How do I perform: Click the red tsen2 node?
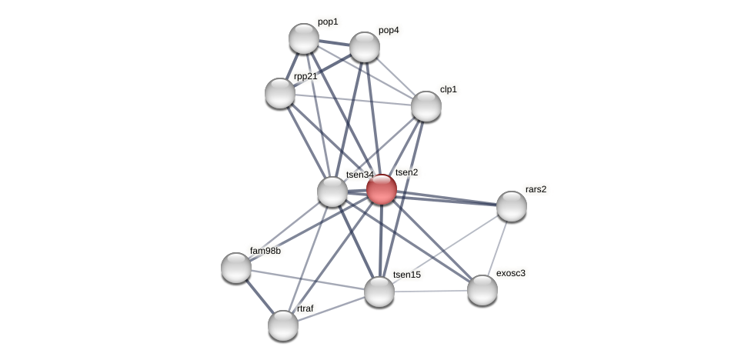pos(381,189)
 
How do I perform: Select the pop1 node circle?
pos(304,38)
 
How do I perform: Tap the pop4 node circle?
pos(365,47)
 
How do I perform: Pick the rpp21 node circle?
pos(280,93)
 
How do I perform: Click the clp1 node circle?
pos(426,106)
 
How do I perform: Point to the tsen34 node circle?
pos(332,192)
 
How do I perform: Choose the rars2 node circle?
pos(512,206)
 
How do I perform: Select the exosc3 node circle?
pos(482,290)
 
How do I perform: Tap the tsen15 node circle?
pos(379,292)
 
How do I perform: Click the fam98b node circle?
pos(236,268)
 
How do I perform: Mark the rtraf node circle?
pos(283,325)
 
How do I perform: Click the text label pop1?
pos(327,22)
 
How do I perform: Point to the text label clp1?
pos(448,89)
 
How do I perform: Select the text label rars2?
pos(536,189)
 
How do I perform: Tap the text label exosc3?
pos(510,273)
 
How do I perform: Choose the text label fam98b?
pos(265,251)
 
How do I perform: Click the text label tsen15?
pos(406,275)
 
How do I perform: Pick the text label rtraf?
pos(305,308)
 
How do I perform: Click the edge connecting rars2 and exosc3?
pos(497,248)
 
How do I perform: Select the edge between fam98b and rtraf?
pos(259,296)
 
